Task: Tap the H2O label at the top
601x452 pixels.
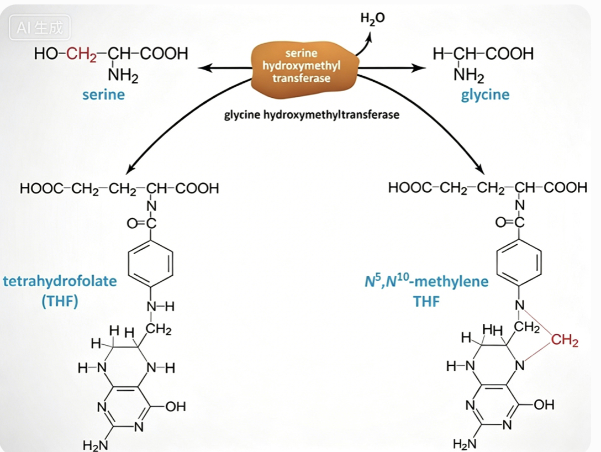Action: (x=372, y=18)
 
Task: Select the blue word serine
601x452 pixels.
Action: (x=103, y=94)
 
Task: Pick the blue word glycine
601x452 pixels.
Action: (x=485, y=94)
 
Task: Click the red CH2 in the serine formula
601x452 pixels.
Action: (x=81, y=54)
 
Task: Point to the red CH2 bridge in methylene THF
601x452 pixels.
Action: (x=565, y=340)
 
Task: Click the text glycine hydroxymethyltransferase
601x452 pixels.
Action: (x=312, y=114)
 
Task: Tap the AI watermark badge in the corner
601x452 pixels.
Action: (x=40, y=28)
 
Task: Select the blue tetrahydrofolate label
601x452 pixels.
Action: (x=60, y=281)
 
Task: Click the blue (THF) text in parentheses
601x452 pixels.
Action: (x=60, y=301)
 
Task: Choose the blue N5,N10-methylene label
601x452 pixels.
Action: (x=426, y=281)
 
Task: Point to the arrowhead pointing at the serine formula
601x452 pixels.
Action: (x=203, y=68)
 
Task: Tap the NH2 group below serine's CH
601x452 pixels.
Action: (x=123, y=75)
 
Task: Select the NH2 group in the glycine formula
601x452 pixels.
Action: (x=469, y=75)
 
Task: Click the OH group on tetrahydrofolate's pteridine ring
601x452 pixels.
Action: (x=176, y=406)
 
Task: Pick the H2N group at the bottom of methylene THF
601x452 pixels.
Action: (x=465, y=444)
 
